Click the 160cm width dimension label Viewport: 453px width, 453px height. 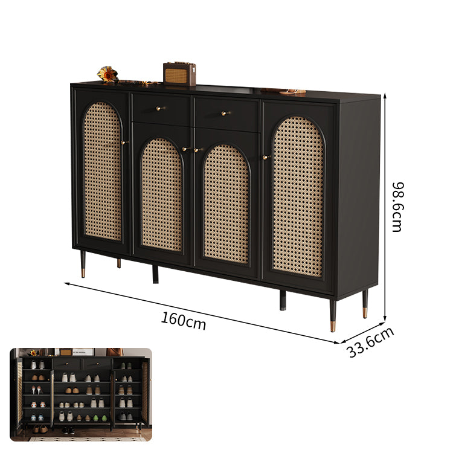[x=184, y=321]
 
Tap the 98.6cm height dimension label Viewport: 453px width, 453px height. [x=397, y=207]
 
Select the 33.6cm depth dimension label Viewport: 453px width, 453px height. [x=370, y=342]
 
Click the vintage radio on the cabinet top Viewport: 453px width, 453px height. [x=179, y=74]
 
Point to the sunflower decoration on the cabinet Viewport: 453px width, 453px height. [x=108, y=74]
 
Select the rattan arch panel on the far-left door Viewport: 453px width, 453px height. [x=102, y=171]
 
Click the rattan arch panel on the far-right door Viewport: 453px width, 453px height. [x=298, y=196]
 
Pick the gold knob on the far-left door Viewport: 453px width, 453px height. [x=124, y=142]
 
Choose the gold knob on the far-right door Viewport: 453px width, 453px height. [x=266, y=157]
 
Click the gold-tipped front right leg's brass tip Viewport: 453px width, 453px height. [x=333, y=326]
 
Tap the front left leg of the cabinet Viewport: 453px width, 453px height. [x=83, y=264]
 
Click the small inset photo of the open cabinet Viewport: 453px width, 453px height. [x=81, y=394]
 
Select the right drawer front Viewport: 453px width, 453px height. [x=226, y=115]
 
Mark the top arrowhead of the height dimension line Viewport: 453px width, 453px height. [x=385, y=95]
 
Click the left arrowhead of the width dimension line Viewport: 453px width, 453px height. [x=66, y=284]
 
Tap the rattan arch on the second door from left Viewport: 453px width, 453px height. [x=162, y=195]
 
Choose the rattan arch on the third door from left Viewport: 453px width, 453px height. [x=226, y=204]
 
